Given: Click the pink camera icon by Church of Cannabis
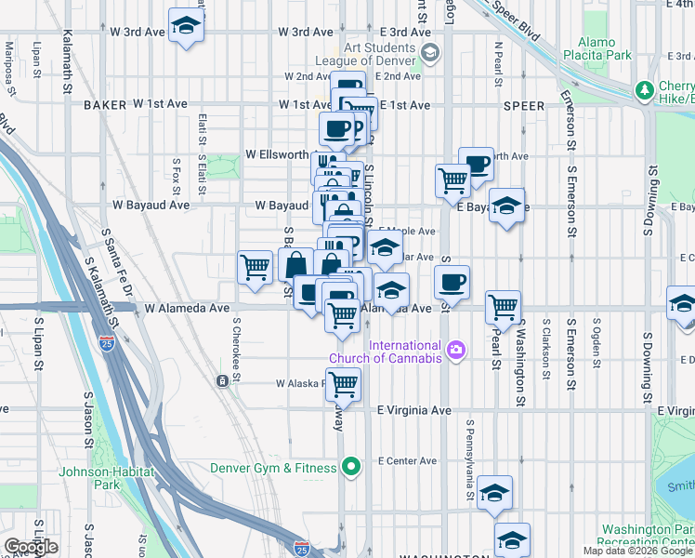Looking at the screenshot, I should coord(455,351).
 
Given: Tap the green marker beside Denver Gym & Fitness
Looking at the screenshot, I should coord(350,467).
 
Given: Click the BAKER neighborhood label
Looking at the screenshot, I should coord(104,105).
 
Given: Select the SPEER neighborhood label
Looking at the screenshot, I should coord(523,106).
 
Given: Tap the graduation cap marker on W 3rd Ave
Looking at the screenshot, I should coord(186,27).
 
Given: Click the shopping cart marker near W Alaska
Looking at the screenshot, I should coord(344,384).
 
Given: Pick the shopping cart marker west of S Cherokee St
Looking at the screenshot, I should coord(255,268).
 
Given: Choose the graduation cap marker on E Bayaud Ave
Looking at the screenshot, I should coord(507,206).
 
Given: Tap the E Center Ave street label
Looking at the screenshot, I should coord(407,460).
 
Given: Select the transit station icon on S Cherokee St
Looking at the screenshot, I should coord(222,381).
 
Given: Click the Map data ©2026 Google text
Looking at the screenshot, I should coord(637,551).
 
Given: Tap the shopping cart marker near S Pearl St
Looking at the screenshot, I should coord(503,305).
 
